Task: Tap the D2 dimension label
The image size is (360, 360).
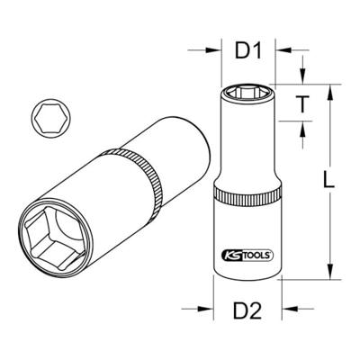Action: point(248,313)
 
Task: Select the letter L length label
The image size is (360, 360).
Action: point(331,181)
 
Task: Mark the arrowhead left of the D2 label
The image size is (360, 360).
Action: point(210,313)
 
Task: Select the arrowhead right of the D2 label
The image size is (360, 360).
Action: point(286,313)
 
